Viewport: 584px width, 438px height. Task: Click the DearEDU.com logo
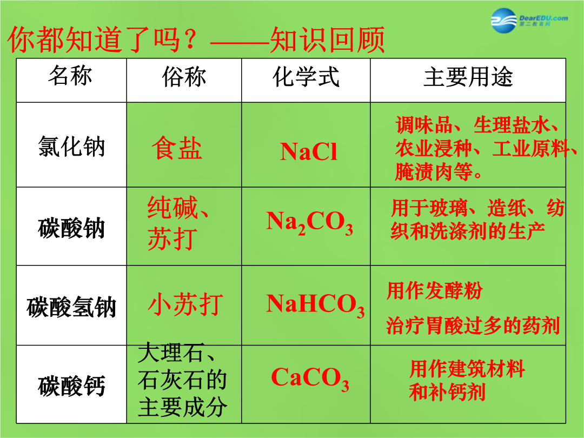tap(529, 20)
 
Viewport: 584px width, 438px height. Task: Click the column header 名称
tap(70, 76)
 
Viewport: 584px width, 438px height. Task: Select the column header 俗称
tap(184, 77)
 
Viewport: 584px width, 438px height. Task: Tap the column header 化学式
tap(306, 77)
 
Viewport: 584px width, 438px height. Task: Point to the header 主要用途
tap(468, 77)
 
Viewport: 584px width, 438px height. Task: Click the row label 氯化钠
tap(71, 147)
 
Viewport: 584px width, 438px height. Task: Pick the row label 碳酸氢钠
tap(71, 307)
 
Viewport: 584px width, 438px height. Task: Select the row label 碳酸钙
tap(71, 386)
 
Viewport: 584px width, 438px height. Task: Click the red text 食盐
tap(176, 148)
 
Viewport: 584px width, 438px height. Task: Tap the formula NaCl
tap(308, 152)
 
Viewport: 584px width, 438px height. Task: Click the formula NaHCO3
tap(315, 305)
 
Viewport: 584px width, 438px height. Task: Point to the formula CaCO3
tap(310, 379)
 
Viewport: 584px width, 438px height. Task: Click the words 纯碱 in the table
tap(172, 208)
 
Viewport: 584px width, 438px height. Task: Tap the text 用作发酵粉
tap(434, 290)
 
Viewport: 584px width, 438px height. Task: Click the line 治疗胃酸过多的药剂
tap(473, 326)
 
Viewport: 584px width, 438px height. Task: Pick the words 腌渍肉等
tap(434, 171)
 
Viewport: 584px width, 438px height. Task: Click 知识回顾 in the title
tap(327, 39)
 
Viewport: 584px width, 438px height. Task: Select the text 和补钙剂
tap(447, 392)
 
